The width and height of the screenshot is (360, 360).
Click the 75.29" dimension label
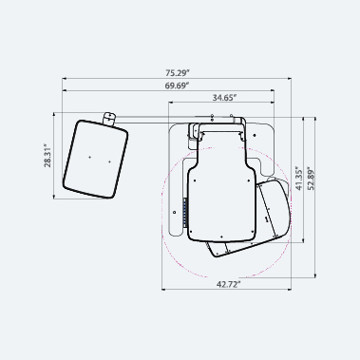178,73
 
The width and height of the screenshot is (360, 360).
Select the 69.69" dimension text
177,85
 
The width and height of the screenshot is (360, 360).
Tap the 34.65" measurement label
224,98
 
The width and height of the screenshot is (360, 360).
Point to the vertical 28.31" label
47,156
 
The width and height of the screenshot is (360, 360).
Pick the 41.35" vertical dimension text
299,178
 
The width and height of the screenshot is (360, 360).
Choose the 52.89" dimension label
312,178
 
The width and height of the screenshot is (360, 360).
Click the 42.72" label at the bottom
229,284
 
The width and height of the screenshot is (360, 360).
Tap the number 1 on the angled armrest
267,219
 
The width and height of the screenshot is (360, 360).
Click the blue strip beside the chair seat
185,213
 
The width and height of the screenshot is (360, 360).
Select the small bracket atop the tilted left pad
109,119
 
